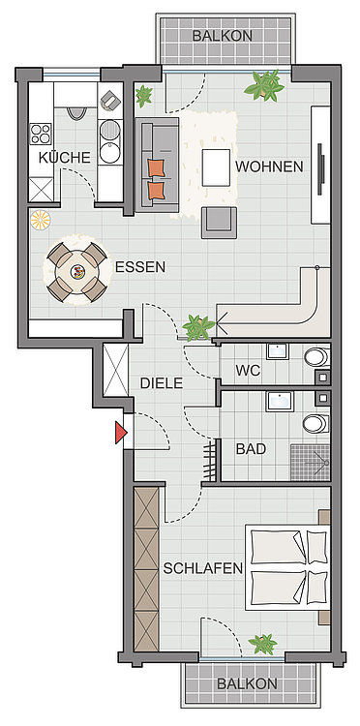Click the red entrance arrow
121,433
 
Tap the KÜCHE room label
64,158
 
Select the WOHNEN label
269,166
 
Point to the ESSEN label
139,267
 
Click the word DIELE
162,383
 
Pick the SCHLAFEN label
203,568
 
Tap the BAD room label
251,448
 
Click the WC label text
248,371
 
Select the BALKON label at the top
223,36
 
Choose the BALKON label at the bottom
247,683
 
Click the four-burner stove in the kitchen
41,135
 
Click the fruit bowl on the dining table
77,271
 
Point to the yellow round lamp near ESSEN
41,220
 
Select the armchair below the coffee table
219,223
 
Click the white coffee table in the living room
216,167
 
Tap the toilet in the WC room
316,357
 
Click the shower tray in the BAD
310,463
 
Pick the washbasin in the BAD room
279,401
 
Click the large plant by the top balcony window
265,85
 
